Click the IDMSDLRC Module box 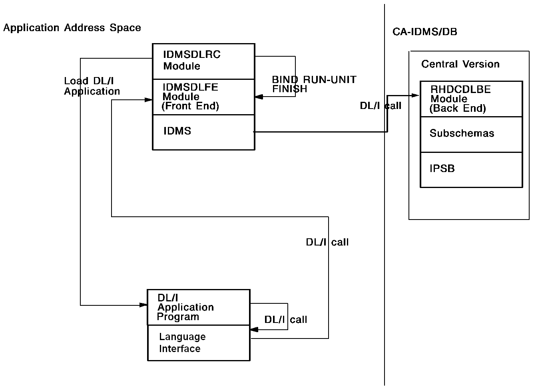pos(203,61)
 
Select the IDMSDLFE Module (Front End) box pos(203,97)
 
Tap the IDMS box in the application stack pos(203,132)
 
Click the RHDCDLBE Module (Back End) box pos(471,99)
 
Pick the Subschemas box pos(471,134)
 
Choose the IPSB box pos(471,169)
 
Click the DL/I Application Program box pos(199,307)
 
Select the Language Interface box pos(199,342)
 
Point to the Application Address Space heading pos(72,28)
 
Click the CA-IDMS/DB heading pos(424,32)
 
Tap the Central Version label pos(460,64)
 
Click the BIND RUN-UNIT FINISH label pos(314,84)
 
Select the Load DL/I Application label pos(92,86)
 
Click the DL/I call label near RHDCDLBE pos(381,106)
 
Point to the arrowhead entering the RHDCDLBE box pos(416,95)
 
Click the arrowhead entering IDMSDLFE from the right pos(259,97)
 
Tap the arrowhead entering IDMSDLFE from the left pos(149,100)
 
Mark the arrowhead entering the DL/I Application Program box pos(143,305)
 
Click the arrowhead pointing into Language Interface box pos(254,330)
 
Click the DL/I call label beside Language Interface pos(285,320)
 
